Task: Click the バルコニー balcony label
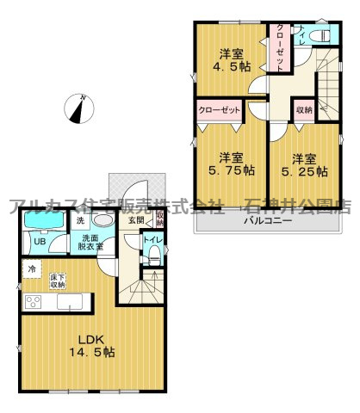pos(267,221)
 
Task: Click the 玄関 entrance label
pos(136,219)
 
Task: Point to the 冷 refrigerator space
pos(32,270)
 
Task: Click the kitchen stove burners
pos(34,301)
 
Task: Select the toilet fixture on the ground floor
pos(152,255)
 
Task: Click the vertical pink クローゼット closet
pos(282,47)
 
